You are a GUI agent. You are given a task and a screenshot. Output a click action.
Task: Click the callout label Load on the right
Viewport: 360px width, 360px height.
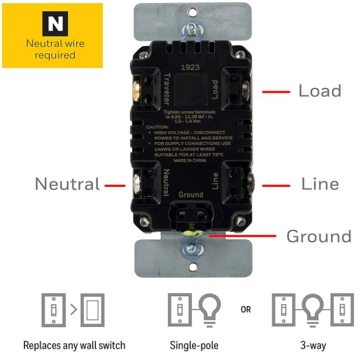pyautogui.click(x=320, y=91)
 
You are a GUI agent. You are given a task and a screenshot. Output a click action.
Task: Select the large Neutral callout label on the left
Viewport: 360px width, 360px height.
pyautogui.click(x=67, y=184)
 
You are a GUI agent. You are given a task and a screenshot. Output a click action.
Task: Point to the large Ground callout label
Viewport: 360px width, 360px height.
pyautogui.click(x=319, y=236)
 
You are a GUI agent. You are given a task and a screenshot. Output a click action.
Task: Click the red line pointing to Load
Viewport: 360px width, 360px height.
pyautogui.click(x=275, y=92)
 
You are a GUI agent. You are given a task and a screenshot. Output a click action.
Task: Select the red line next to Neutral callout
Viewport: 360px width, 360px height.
pyautogui.click(x=115, y=184)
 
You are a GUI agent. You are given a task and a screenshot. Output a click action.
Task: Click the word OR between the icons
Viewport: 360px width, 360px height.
pyautogui.click(x=246, y=310)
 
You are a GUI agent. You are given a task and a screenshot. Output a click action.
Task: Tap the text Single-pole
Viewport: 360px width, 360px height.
pyautogui.click(x=194, y=345)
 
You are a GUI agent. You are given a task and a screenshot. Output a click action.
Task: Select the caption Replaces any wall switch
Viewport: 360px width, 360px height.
pyautogui.click(x=74, y=345)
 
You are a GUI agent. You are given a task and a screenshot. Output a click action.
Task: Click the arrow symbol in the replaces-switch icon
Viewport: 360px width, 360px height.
pyautogui.click(x=74, y=310)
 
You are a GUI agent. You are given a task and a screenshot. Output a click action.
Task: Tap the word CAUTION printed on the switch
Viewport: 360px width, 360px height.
pyautogui.click(x=157, y=127)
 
